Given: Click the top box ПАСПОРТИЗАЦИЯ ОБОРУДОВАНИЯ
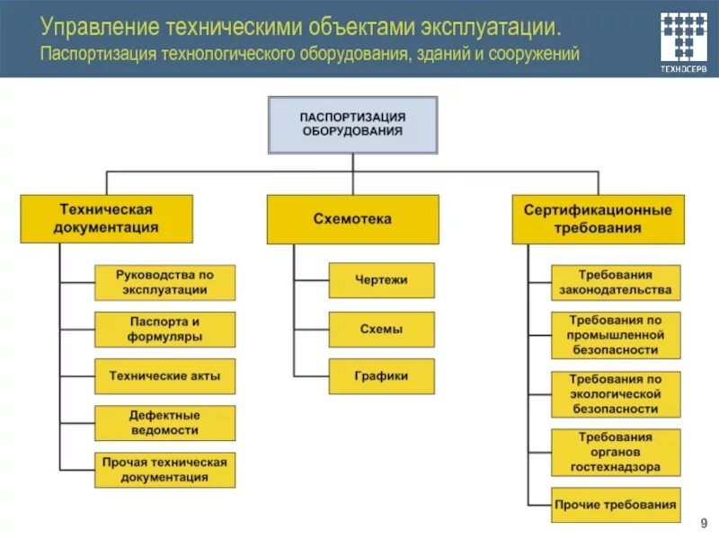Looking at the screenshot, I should click(x=352, y=124).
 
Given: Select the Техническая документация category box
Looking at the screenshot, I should click(x=107, y=219).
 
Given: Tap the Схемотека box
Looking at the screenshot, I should click(x=352, y=219).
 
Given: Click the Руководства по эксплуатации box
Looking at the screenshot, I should click(x=164, y=282).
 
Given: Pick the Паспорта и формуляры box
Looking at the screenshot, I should click(x=164, y=329).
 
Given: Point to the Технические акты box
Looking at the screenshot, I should click(x=164, y=376).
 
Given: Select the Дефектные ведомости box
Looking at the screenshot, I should click(x=164, y=422).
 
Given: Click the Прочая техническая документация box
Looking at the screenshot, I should click(x=164, y=471).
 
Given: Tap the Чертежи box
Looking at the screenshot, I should click(x=381, y=280).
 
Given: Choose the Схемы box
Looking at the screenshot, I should click(x=381, y=330).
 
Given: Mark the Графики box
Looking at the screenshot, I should click(x=381, y=376).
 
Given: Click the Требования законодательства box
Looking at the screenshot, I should click(x=616, y=282).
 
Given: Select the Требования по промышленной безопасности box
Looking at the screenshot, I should click(x=616, y=335).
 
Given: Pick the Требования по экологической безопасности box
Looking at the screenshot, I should click(x=616, y=394).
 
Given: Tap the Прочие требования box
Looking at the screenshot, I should click(x=616, y=504).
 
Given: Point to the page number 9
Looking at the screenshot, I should click(x=704, y=524).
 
